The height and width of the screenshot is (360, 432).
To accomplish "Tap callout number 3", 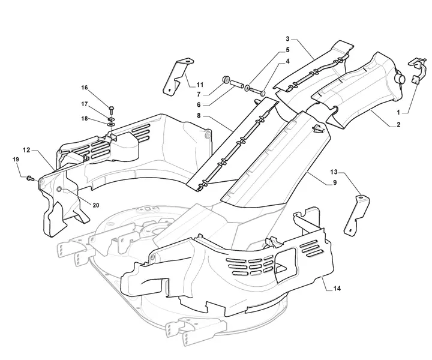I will [287, 38].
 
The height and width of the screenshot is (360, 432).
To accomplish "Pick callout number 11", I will [200, 85].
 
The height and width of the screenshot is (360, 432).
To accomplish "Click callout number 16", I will [85, 88].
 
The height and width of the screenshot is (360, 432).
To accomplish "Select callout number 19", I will [16, 159].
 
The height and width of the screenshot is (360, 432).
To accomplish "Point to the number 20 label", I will [96, 205].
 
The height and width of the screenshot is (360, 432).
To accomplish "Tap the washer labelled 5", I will [247, 89].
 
